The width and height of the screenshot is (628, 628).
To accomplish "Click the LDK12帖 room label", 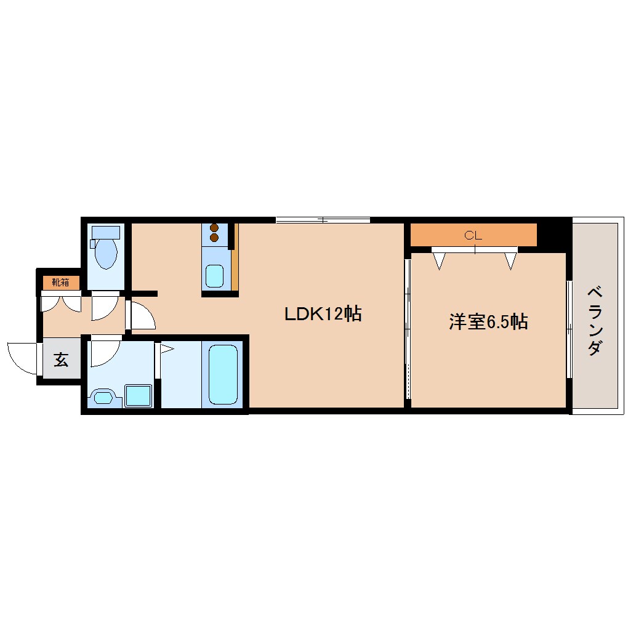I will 322,314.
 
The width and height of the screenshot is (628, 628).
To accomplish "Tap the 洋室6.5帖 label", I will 488,321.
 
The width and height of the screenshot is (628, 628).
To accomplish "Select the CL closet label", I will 473,235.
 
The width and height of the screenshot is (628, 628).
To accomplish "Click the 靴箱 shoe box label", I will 61,283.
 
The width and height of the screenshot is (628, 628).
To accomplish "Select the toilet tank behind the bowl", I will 105,232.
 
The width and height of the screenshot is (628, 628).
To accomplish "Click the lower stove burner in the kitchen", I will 214,237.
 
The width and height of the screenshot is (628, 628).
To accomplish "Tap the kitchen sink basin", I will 215,276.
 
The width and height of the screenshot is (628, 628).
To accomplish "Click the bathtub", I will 223,374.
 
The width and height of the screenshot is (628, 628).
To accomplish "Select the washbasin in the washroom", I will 103,397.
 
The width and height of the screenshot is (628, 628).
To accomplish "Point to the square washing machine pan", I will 139,395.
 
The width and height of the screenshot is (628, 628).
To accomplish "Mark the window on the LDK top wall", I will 323,220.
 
